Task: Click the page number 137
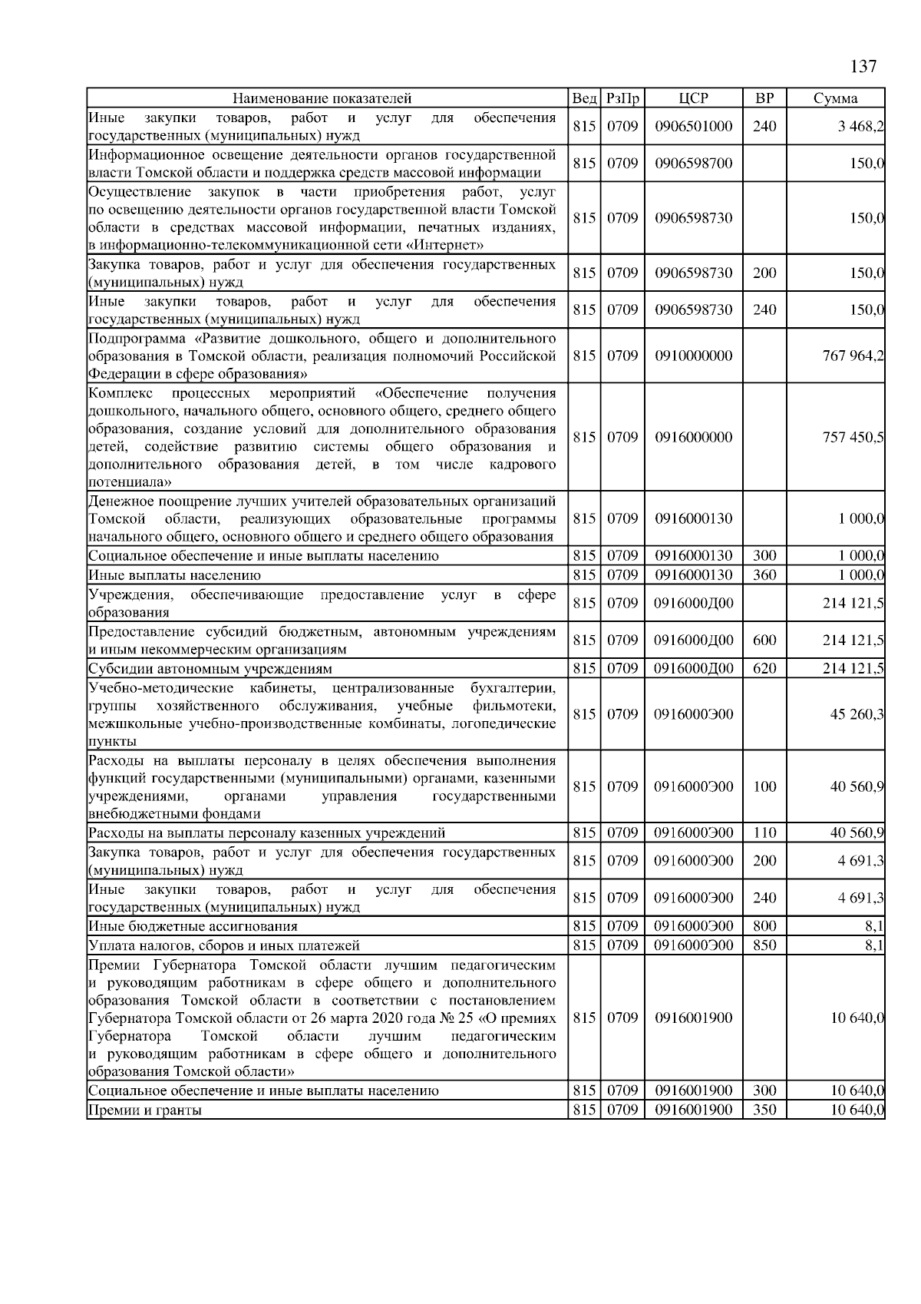click(863, 66)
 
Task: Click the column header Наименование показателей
click(322, 98)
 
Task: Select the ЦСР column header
click(693, 98)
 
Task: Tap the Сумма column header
click(835, 98)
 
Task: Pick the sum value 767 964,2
click(853, 356)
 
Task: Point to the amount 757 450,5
click(853, 437)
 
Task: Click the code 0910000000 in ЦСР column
click(693, 356)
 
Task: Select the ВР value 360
click(764, 574)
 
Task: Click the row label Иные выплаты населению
click(174, 575)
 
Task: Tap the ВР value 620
click(764, 668)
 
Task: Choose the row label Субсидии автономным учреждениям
click(210, 669)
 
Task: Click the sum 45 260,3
click(857, 714)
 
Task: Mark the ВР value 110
click(764, 832)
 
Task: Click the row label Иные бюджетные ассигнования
click(193, 927)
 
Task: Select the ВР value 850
click(764, 945)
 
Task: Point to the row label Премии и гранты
click(145, 1110)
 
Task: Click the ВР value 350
click(764, 1110)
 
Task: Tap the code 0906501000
click(693, 127)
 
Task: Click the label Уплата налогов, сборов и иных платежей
click(224, 946)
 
